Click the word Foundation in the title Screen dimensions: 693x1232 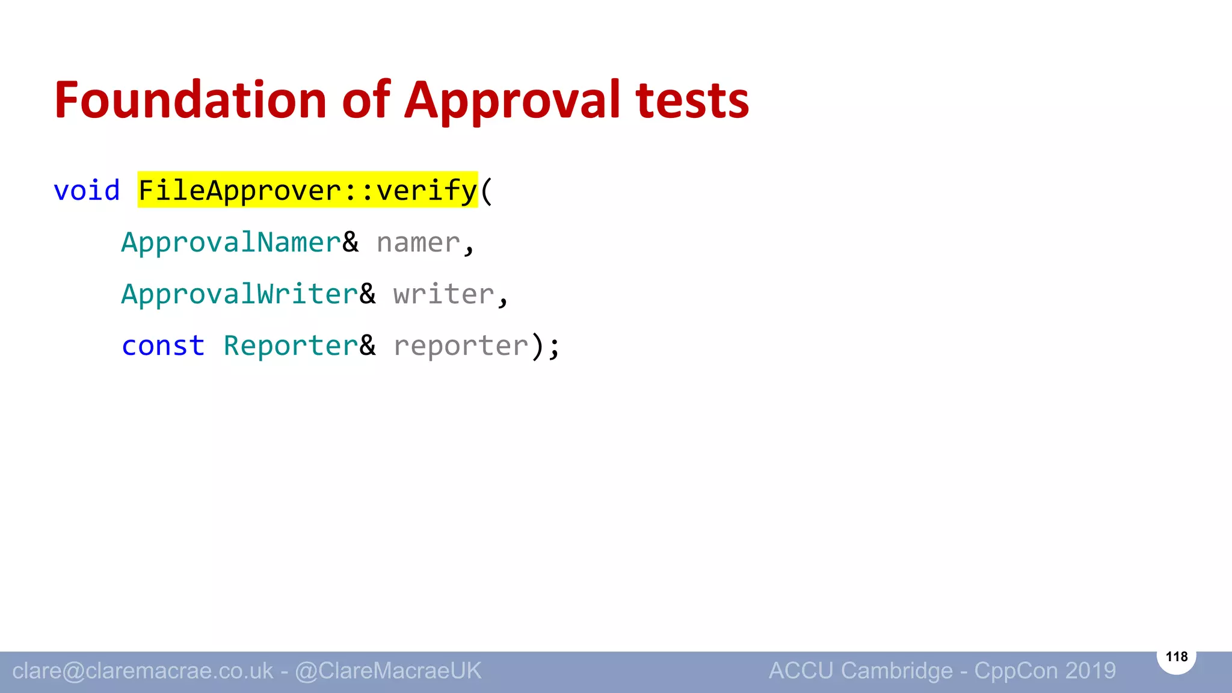tap(190, 100)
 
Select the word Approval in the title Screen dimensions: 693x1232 tap(512, 100)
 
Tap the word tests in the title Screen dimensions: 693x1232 tap(692, 100)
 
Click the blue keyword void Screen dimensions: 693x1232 tap(87, 191)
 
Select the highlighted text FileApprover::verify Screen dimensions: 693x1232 tap(307, 191)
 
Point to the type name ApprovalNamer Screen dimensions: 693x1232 tap(231, 242)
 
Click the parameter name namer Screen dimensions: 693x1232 tap(418, 243)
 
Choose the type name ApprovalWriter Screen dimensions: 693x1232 tap(239, 294)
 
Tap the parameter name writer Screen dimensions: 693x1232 tap(443, 294)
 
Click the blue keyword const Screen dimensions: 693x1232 tap(163, 346)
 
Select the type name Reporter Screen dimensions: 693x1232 tap(291, 346)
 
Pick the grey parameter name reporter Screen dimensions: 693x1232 tap(461, 346)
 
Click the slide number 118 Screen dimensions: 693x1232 tap(1176, 656)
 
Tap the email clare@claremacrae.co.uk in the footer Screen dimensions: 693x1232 tap(143, 671)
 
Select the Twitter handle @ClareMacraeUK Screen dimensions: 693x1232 tap(388, 671)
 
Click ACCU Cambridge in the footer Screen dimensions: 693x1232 tap(861, 671)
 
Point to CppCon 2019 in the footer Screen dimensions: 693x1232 tap(1045, 671)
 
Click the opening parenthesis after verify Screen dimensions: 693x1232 tap(486, 191)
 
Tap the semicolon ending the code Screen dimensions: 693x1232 tap(554, 347)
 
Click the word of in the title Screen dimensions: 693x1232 tap(366, 100)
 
